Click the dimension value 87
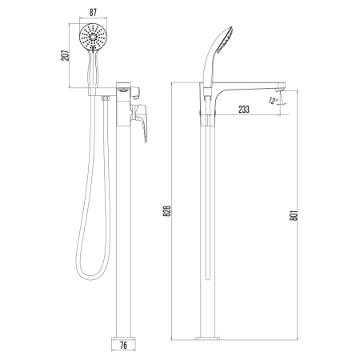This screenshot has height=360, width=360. [x=94, y=13]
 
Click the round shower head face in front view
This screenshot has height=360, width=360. [x=94, y=38]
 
